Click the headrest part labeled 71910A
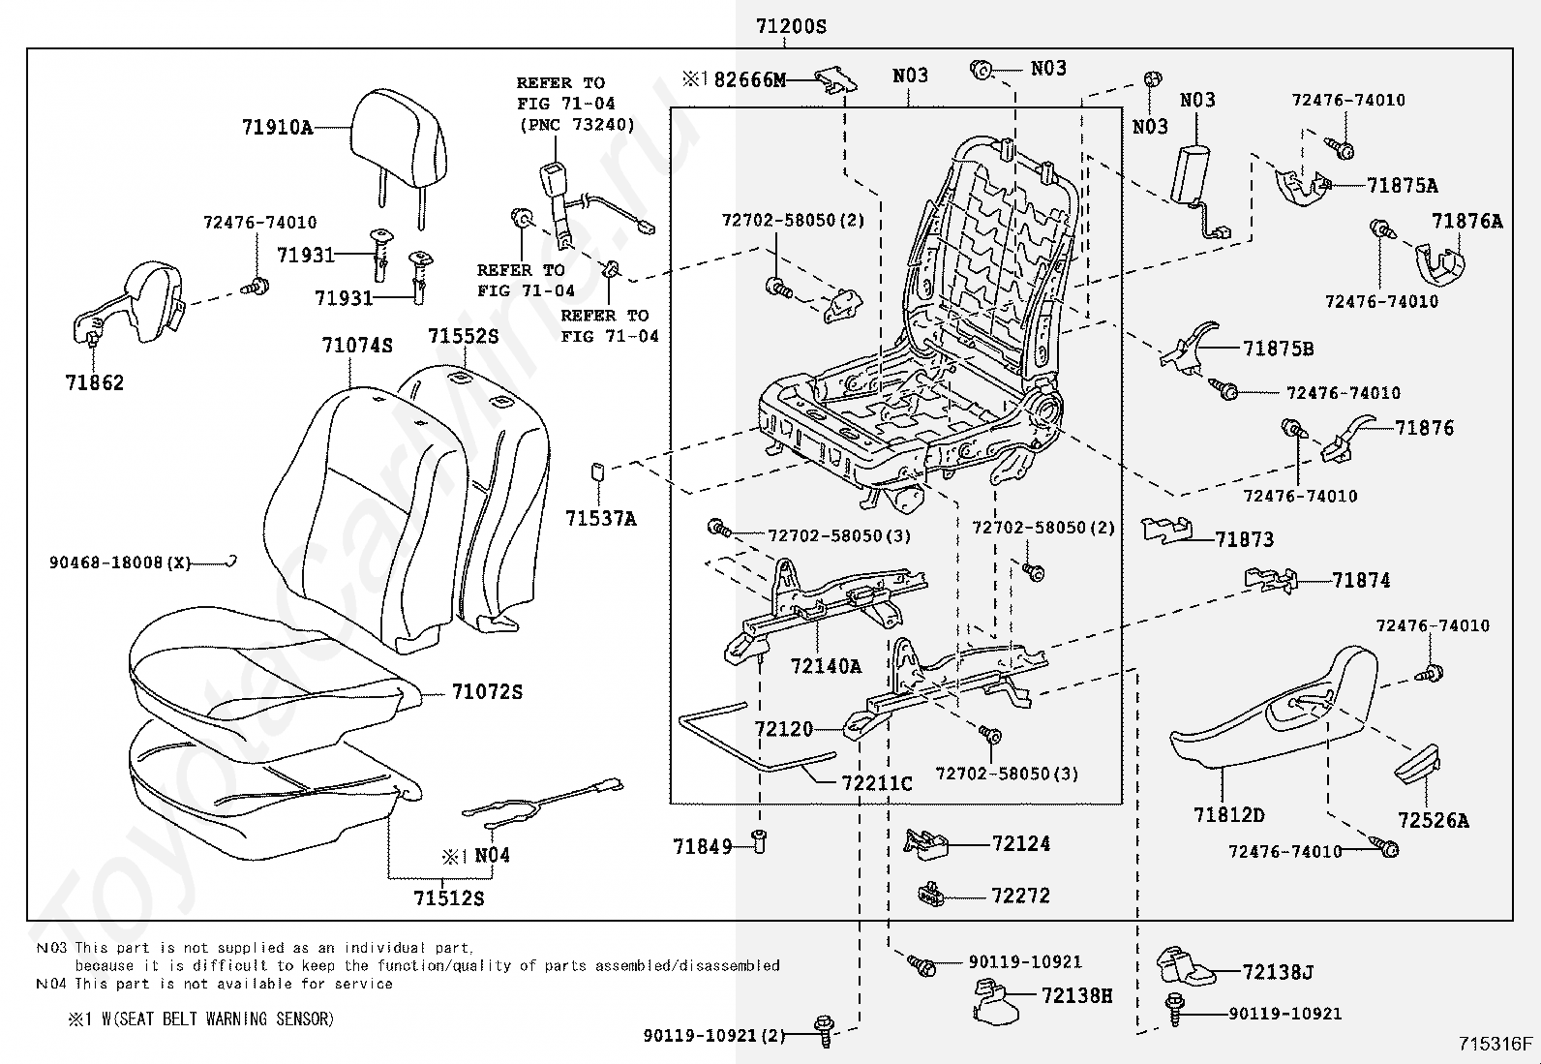pyautogui.click(x=399, y=158)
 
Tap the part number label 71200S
pyautogui.click(x=791, y=26)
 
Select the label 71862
pyautogui.click(x=94, y=382)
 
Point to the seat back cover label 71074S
pyautogui.click(x=357, y=345)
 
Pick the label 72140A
pyautogui.click(x=826, y=666)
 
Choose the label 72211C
pyautogui.click(x=877, y=783)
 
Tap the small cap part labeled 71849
pyautogui.click(x=760, y=841)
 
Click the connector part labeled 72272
pyautogui.click(x=930, y=894)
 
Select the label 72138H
pyautogui.click(x=1076, y=996)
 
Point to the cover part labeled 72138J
pyautogui.click(x=1185, y=966)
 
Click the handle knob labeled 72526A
pyautogui.click(x=1418, y=764)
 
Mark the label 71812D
pyautogui.click(x=1228, y=815)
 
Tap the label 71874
pyautogui.click(x=1361, y=580)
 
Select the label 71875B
pyautogui.click(x=1279, y=349)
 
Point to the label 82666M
pyautogui.click(x=750, y=79)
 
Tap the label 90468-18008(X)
pyautogui.click(x=120, y=562)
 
